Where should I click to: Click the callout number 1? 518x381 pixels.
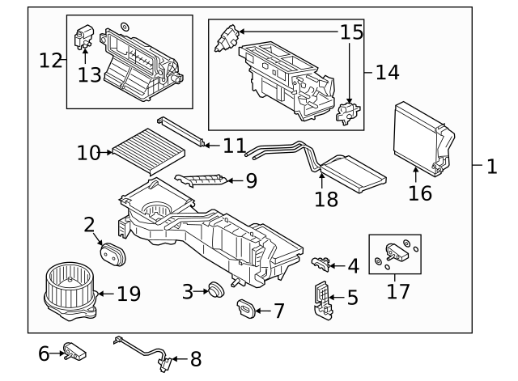click(x=490, y=167)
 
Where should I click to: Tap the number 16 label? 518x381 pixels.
click(x=420, y=193)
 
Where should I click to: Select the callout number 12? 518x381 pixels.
click(x=51, y=59)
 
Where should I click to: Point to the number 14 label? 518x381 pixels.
click(x=387, y=72)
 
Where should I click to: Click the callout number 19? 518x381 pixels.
click(x=129, y=294)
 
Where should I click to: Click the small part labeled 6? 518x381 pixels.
click(x=77, y=353)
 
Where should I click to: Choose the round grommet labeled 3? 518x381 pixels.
click(x=216, y=290)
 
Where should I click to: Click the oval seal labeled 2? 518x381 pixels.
click(x=112, y=252)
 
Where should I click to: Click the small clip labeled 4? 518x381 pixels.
click(x=323, y=260)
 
